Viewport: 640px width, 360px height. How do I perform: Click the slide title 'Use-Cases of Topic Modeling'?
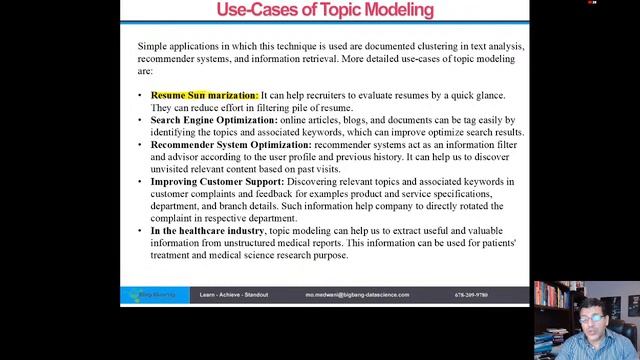click(325, 10)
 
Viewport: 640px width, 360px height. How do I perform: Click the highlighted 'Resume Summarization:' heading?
click(204, 95)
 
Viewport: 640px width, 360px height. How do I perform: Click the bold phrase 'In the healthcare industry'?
click(207, 231)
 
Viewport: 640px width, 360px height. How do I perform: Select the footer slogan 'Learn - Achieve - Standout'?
click(234, 296)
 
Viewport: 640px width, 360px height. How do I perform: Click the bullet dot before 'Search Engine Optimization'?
click(141, 120)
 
